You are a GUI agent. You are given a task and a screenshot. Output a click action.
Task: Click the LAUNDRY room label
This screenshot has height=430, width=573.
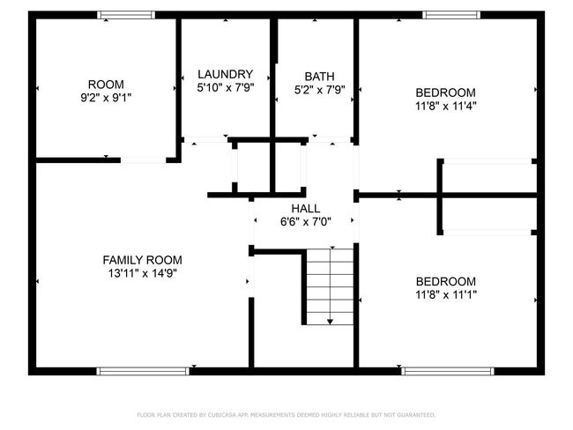click(x=225, y=74)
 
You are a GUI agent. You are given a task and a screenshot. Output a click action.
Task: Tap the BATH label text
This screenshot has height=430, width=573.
click(x=319, y=77)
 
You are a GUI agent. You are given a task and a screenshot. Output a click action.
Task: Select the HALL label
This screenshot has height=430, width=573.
click(x=306, y=208)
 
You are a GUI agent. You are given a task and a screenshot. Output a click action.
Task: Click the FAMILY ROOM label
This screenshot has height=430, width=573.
click(x=143, y=260)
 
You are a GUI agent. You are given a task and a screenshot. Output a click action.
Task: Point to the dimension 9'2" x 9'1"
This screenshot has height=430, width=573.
click(x=106, y=98)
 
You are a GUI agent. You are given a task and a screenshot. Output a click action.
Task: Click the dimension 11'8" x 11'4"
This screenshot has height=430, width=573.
click(x=446, y=106)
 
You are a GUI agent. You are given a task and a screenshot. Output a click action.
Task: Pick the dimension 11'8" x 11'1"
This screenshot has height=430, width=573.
click(x=446, y=294)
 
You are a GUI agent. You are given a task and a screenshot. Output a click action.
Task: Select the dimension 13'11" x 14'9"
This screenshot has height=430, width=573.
click(x=143, y=273)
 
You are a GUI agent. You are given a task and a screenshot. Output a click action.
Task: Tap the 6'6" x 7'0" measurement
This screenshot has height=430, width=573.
click(x=306, y=222)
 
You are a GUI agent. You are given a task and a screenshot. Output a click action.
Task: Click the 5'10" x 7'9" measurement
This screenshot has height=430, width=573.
click(x=225, y=88)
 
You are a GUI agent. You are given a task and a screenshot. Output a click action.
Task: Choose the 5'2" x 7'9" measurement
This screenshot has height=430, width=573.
click(x=319, y=90)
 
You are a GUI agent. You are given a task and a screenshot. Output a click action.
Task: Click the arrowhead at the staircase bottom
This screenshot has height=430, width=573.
click(x=330, y=322)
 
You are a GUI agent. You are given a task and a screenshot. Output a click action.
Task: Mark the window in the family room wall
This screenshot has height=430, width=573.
click(x=143, y=371)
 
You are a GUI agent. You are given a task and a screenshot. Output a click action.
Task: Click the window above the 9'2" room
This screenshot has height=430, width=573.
click(x=126, y=15)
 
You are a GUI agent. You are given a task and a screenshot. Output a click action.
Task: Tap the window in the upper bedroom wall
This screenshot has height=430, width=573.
click(x=451, y=15)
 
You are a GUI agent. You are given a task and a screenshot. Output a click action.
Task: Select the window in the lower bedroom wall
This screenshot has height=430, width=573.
click(x=448, y=371)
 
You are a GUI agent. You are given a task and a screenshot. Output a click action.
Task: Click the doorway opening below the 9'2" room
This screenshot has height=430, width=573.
click(x=143, y=160)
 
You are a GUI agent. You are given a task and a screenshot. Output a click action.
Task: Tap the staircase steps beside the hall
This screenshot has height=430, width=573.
click(x=330, y=286)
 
